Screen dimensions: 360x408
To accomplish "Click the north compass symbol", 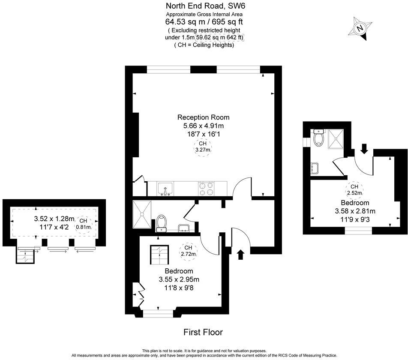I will coord(360,28).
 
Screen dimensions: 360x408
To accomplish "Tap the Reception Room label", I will coord(204,117).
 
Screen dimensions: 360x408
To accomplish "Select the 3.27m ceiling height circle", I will coord(204,147).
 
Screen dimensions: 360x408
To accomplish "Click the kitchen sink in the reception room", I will coord(165,189).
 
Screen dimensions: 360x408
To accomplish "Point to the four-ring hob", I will coord(206,189).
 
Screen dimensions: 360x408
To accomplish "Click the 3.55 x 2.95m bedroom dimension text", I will coord(179,279).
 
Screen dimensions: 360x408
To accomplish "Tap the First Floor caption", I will coord(203,332).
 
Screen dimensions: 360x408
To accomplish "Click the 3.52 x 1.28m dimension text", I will coord(54,219).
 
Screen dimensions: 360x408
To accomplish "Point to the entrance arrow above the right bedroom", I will coord(364,149).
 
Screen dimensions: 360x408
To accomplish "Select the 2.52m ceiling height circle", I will coord(354,190).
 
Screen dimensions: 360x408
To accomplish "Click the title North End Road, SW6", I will coord(204,6).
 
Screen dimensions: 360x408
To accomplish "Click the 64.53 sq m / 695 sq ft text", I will coord(204,22).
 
